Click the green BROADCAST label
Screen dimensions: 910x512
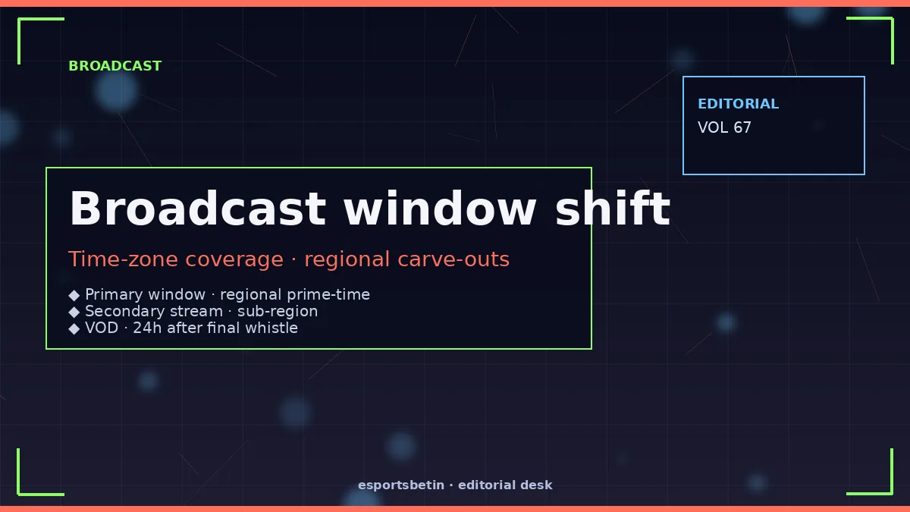pos(115,66)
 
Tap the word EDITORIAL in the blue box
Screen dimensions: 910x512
pos(738,104)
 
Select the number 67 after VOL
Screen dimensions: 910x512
pos(742,127)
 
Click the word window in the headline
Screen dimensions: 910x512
pos(440,209)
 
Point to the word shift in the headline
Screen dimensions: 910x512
pos(613,209)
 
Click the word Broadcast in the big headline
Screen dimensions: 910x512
pos(198,209)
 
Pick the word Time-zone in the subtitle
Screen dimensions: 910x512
pos(123,259)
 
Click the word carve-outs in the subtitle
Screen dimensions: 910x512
pos(453,259)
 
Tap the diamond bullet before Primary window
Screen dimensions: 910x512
pos(74,295)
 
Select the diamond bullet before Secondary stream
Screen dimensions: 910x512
pos(74,312)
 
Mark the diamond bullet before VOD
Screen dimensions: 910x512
pos(74,328)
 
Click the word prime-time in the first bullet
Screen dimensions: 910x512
pos(328,294)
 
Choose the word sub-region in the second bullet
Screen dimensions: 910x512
pos(278,311)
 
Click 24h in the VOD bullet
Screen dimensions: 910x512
pos(147,328)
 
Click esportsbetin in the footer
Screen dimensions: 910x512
pos(401,485)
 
